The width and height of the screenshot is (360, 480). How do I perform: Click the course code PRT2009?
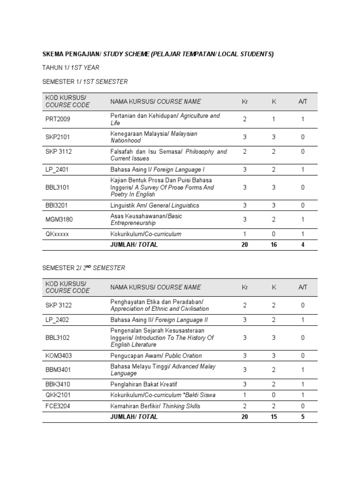tap(58, 119)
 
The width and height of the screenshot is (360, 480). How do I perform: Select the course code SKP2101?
tap(58, 137)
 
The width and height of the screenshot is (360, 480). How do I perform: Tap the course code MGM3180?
tap(59, 219)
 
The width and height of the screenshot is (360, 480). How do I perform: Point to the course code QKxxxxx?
tap(57, 234)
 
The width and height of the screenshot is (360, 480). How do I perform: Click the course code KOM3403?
tap(59, 356)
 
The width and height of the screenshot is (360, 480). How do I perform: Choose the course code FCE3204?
tap(58, 406)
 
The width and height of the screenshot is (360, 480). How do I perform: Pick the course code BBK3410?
tap(58, 384)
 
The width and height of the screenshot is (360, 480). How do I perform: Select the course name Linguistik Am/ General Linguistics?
tap(155, 205)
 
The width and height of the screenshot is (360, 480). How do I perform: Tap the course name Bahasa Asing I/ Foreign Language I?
tap(157, 169)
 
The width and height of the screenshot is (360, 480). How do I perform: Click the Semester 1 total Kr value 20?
tap(244, 245)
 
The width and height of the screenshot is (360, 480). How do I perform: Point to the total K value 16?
tap(274, 245)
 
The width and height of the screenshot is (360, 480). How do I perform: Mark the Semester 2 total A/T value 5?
tap(303, 417)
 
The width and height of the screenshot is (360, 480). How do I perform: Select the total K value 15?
tap(274, 417)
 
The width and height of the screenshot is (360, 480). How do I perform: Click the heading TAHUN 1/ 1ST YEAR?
tap(71, 67)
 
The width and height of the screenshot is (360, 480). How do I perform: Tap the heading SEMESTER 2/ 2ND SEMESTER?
tap(84, 268)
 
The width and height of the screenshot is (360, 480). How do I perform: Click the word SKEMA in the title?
tap(54, 54)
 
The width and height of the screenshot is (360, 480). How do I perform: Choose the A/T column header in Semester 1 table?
tap(303, 101)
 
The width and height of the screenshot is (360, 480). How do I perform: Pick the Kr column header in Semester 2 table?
tap(244, 287)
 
